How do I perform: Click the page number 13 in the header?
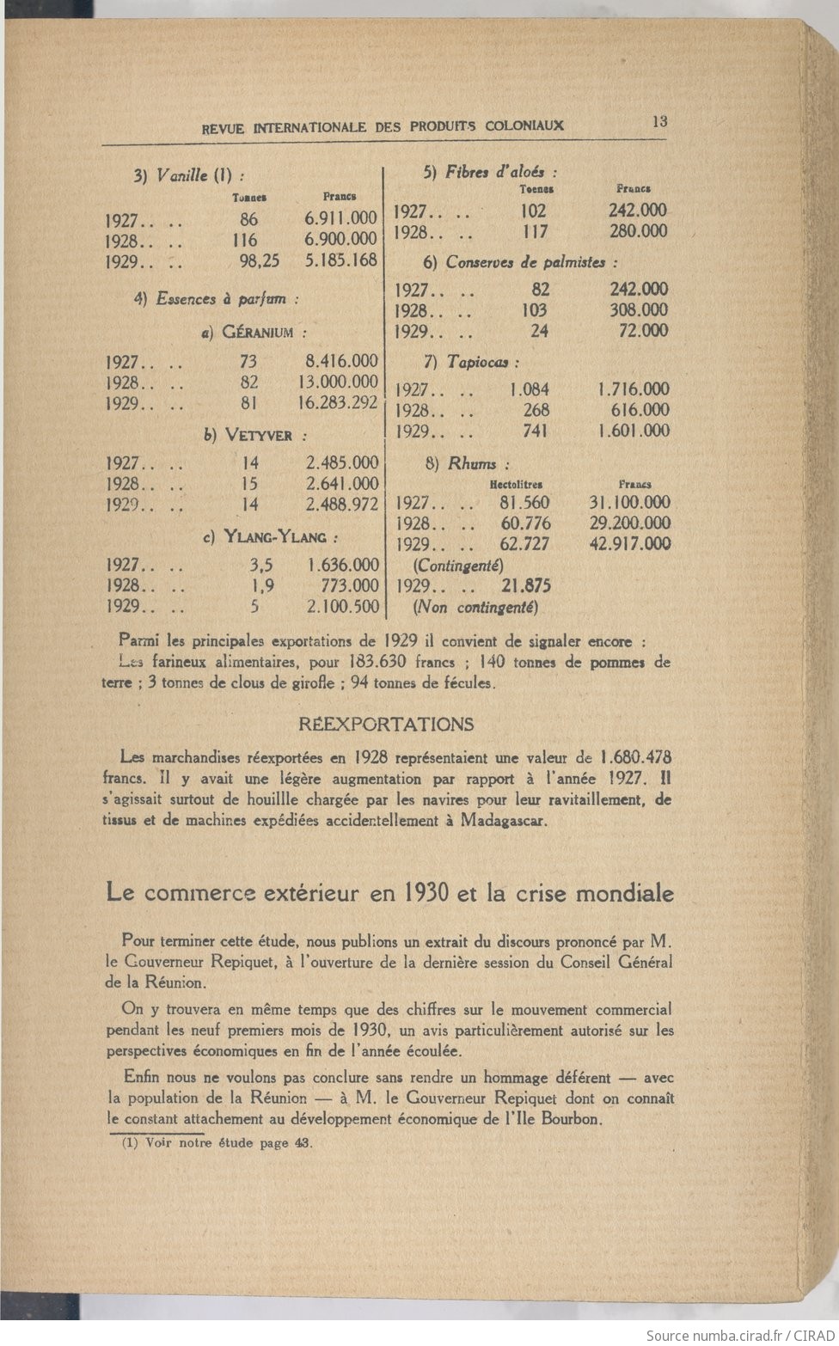[x=659, y=121]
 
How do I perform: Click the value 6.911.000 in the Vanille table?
[x=340, y=219]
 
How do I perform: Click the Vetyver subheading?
[x=255, y=436]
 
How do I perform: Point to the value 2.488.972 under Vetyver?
[x=342, y=505]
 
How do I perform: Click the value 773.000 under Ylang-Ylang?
[x=351, y=585]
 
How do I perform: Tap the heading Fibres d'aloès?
[x=490, y=172]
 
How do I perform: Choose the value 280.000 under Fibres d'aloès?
[x=638, y=230]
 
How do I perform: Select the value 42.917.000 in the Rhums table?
[x=630, y=543]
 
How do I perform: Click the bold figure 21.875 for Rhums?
[x=526, y=586]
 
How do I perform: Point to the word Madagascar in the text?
[x=503, y=820]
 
